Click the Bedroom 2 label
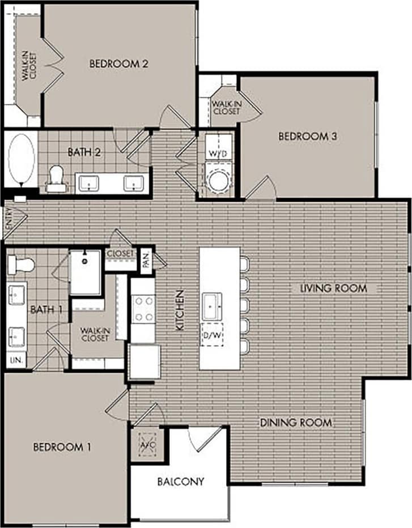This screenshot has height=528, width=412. click(x=119, y=64)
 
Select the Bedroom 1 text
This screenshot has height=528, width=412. click(x=62, y=447)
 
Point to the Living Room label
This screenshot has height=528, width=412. click(x=333, y=288)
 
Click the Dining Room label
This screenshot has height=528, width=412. click(x=296, y=423)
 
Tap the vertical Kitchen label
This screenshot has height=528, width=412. click(x=180, y=310)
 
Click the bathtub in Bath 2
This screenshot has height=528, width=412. click(x=21, y=159)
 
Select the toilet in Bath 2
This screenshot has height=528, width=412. click(x=56, y=176)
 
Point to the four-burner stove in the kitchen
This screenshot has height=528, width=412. click(x=143, y=309)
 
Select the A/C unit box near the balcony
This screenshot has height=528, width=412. click(x=147, y=444)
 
